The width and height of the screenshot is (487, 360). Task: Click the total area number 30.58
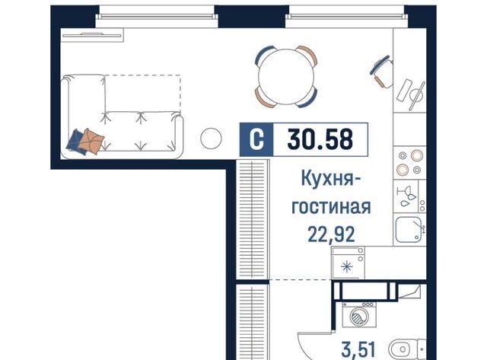pyautogui.click(x=320, y=139)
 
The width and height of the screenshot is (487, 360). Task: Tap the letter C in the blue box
pyautogui.click(x=257, y=139)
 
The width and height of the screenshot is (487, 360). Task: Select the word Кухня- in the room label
pyautogui.click(x=331, y=179)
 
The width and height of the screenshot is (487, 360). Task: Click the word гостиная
pyautogui.click(x=331, y=207)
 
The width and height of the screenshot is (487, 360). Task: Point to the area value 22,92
pyautogui.click(x=331, y=234)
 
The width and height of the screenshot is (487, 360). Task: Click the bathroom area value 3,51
pyautogui.click(x=358, y=349)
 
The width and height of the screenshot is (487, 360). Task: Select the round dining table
pyautogui.click(x=286, y=77)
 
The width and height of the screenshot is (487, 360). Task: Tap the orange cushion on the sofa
pyautogui.click(x=91, y=142)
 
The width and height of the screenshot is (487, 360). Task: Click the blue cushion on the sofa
pyautogui.click(x=75, y=141)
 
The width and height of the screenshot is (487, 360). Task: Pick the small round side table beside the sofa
pyautogui.click(x=211, y=139)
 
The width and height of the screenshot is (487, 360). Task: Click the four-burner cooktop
pyautogui.click(x=409, y=162)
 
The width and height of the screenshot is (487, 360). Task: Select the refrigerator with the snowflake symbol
pyautogui.click(x=348, y=263)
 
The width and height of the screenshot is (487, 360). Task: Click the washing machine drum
pyautogui.click(x=358, y=317)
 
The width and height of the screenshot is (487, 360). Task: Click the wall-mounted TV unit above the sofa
pyautogui.click(x=92, y=35)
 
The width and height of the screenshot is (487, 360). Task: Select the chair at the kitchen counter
pyautogui.click(x=381, y=72)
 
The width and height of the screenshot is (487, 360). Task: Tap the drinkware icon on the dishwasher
pyautogui.click(x=406, y=196)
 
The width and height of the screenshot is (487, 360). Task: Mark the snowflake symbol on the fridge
pyautogui.click(x=347, y=267)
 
